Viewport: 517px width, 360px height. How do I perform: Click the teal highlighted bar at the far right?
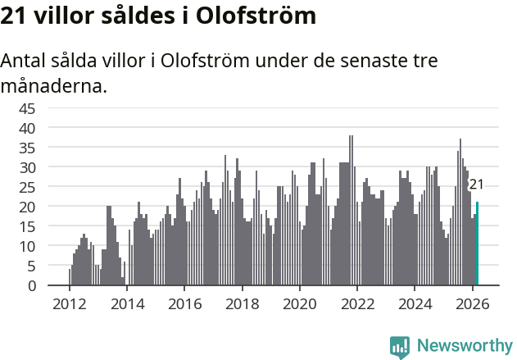477,244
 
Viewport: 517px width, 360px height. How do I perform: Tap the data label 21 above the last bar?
476,185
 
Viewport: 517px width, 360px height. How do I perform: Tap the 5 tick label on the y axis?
31,266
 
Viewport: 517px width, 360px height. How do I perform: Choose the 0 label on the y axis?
31,285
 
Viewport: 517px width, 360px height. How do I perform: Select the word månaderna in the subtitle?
54,85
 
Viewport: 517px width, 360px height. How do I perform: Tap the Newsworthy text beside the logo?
465,345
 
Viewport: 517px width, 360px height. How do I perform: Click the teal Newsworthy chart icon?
400,347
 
